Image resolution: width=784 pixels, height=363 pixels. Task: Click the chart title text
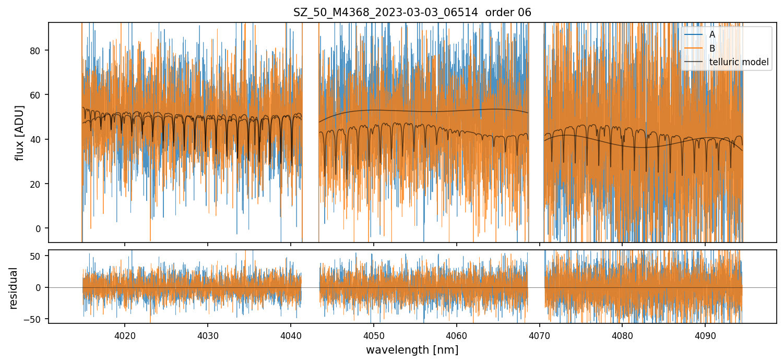pyautogui.click(x=412, y=13)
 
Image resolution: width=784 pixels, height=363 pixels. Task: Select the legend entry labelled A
pyautogui.click(x=712, y=34)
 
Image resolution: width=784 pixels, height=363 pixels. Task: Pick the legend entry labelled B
pyautogui.click(x=712, y=49)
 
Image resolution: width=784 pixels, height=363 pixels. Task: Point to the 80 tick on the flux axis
pyautogui.click(x=38, y=51)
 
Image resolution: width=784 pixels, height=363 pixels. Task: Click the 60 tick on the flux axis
pyautogui.click(x=38, y=95)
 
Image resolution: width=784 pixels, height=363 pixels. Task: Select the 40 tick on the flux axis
pyautogui.click(x=38, y=139)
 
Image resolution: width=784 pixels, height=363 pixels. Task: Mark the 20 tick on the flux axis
pyautogui.click(x=38, y=184)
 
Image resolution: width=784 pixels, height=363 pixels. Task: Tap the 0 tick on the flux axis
pyautogui.click(x=40, y=228)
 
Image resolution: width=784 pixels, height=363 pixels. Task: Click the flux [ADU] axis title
pyautogui.click(x=19, y=132)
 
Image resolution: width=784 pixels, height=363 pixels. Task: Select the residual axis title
pyautogui.click(x=14, y=288)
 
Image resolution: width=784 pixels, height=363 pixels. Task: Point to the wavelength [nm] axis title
pyautogui.click(x=412, y=350)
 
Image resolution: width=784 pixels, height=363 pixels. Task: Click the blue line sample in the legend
pyautogui.click(x=693, y=34)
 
